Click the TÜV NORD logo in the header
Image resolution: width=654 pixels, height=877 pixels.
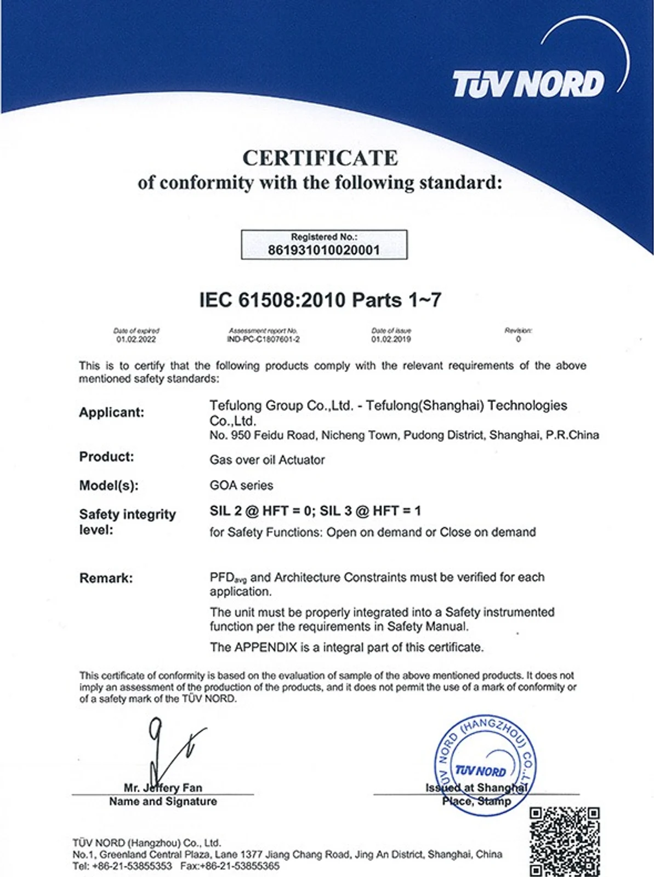point(528,84)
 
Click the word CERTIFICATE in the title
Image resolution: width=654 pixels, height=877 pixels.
point(320,158)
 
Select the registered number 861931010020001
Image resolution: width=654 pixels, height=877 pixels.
point(323,250)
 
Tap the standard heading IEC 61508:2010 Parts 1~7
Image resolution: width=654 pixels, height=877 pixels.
point(320,300)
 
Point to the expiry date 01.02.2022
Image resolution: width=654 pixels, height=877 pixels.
point(136,339)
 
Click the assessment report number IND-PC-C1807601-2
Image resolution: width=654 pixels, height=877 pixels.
point(263,339)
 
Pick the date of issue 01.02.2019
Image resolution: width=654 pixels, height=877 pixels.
point(391,339)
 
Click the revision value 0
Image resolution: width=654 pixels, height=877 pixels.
point(518,339)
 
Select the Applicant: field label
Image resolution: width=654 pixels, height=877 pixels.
point(111,412)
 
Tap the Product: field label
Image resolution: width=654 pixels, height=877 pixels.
point(106,457)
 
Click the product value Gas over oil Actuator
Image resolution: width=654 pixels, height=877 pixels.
point(267,460)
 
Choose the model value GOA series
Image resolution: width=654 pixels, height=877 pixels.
point(241,485)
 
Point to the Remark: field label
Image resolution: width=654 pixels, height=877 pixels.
point(106,578)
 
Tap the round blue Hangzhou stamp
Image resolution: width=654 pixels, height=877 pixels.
point(485,765)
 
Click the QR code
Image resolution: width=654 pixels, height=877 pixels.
point(564,840)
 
